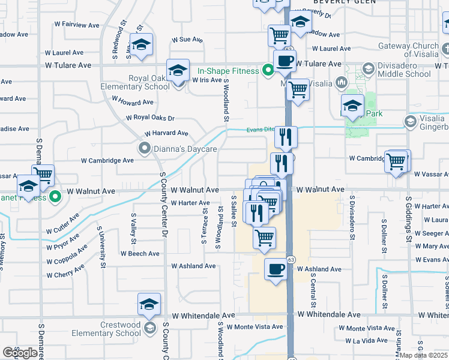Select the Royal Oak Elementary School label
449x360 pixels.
pyautogui.click(x=149, y=82)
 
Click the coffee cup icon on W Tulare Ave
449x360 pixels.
pyautogui.click(x=285, y=61)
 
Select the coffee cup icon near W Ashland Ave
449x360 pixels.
pyautogui.click(x=276, y=269)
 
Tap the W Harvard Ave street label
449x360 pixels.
pyautogui.click(x=166, y=133)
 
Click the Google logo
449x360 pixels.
pyautogui.click(x=20, y=353)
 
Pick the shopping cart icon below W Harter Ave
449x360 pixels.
pyautogui.click(x=264, y=238)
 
